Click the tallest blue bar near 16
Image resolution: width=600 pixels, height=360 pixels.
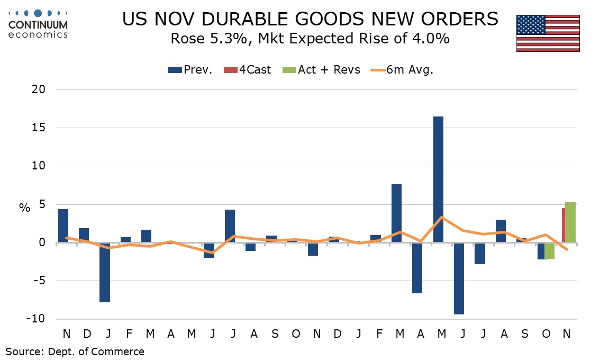pyautogui.click(x=438, y=179)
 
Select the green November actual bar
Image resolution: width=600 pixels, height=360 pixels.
pyautogui.click(x=570, y=222)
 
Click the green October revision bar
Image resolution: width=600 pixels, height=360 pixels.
pyautogui.click(x=550, y=251)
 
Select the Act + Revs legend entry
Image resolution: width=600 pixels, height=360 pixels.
pyautogui.click(x=323, y=70)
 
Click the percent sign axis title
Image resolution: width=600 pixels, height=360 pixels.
pyautogui.click(x=24, y=208)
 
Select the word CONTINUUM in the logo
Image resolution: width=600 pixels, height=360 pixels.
pyautogui.click(x=38, y=25)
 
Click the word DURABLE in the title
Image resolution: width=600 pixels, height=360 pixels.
pyautogui.click(x=246, y=19)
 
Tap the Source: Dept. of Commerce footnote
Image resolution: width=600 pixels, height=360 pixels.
pyautogui.click(x=75, y=351)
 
